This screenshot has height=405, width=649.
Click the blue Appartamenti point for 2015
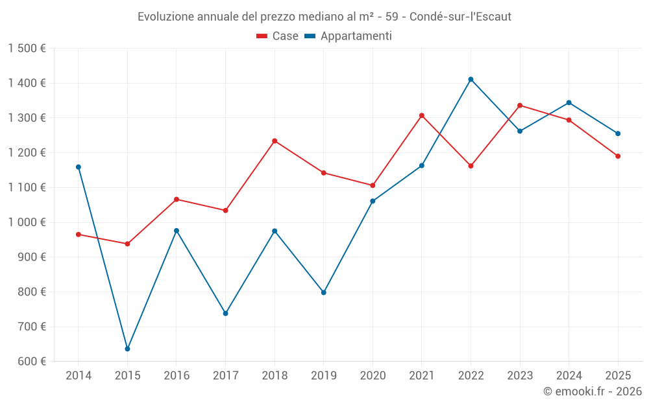pyautogui.click(x=127, y=349)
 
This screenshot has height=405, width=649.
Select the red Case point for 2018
pyautogui.click(x=275, y=141)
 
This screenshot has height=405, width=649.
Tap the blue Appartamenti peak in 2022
pyautogui.click(x=471, y=79)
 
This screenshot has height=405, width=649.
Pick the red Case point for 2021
pyautogui.click(x=421, y=115)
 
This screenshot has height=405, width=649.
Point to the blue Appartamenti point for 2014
pyautogui.click(x=79, y=167)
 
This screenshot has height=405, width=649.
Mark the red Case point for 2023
pyautogui.click(x=520, y=105)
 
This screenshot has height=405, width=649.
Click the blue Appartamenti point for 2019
pyautogui.click(x=323, y=292)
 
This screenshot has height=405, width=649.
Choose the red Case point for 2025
pyautogui.click(x=618, y=156)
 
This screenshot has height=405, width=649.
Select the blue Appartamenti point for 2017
pyautogui.click(x=225, y=313)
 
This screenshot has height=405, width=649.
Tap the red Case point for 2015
pyautogui.click(x=127, y=244)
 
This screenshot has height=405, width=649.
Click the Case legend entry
pyautogui.click(x=278, y=36)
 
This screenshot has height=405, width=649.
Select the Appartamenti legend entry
pyautogui.click(x=349, y=36)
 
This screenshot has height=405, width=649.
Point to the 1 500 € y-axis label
pyautogui.click(x=27, y=49)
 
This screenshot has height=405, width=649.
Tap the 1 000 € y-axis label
pyautogui.click(x=27, y=222)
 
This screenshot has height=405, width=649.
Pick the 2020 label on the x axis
pyautogui.click(x=373, y=375)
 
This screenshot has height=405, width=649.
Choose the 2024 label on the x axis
pyautogui.click(x=569, y=375)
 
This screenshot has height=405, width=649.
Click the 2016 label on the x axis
pyautogui.click(x=177, y=375)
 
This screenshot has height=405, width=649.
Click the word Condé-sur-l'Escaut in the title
pyautogui.click(x=460, y=17)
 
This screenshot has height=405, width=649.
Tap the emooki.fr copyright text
pyautogui.click(x=593, y=391)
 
